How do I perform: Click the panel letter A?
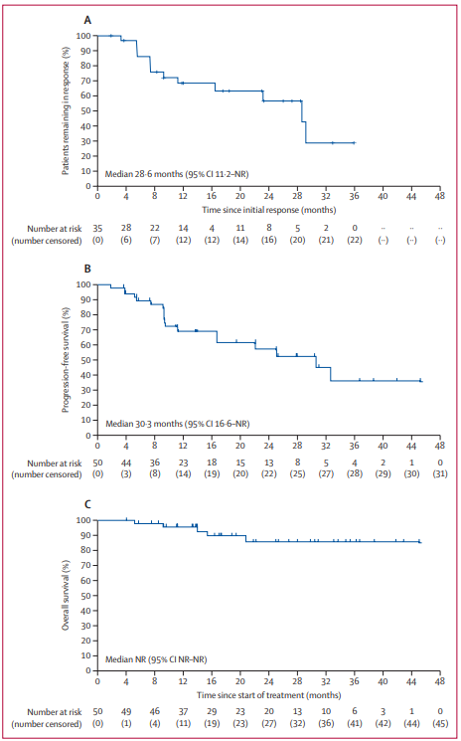87,20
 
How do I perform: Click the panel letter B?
87,269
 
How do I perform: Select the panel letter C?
87,504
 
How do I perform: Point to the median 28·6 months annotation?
177,174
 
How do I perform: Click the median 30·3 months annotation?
178,424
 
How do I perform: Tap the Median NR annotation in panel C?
156,658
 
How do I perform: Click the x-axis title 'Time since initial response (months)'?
268,209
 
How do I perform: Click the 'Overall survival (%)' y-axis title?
67,595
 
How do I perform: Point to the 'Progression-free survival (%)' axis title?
67,359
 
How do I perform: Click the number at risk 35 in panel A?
97,229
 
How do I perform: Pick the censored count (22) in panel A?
355,240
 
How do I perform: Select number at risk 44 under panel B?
126,463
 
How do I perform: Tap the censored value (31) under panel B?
440,474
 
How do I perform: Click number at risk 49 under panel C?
126,713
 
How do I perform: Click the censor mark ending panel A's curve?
354,142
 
